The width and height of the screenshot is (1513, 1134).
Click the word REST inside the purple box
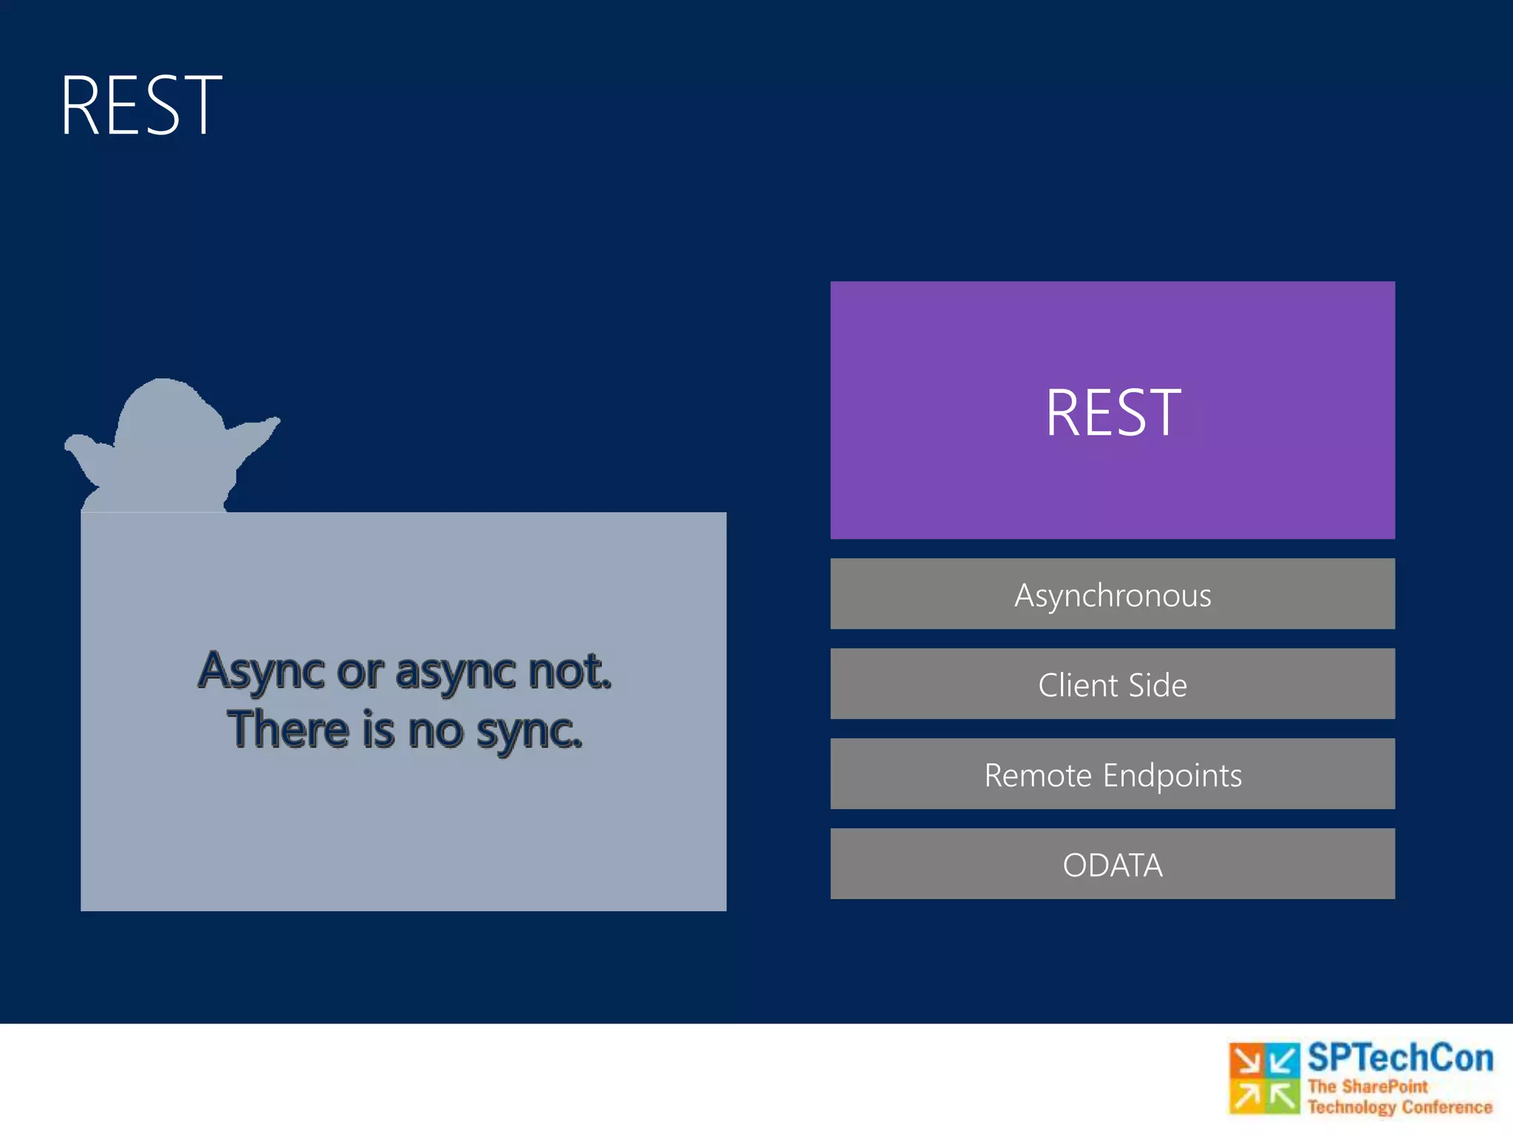[1113, 413]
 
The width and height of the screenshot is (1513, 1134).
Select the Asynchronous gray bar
[1113, 594]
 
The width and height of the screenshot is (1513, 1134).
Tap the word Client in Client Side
[1078, 685]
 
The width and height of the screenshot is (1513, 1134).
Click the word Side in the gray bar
[1158, 685]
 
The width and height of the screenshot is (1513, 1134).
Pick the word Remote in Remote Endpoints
[1037, 775]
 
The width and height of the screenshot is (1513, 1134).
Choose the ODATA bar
[1113, 865]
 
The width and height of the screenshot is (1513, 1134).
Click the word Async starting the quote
[262, 672]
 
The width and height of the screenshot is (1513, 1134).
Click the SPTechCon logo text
[1400, 1058]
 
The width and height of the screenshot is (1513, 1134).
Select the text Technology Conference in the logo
[1400, 1107]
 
